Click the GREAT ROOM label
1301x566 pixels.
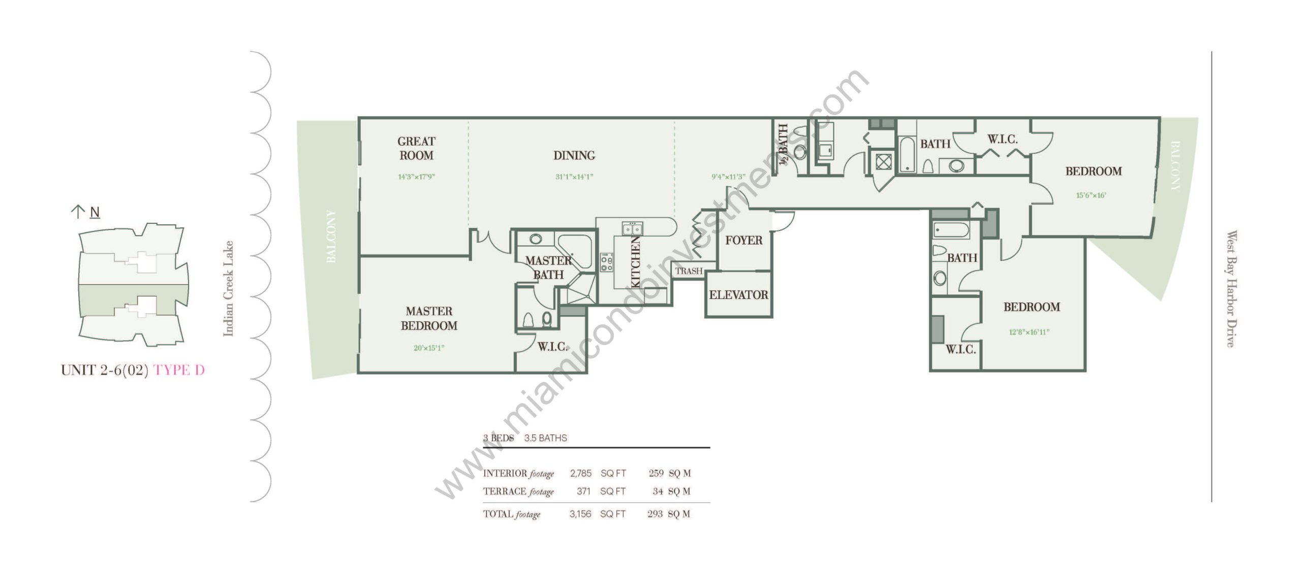point(416,148)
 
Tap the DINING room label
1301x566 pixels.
point(574,155)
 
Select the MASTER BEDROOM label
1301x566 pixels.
point(429,318)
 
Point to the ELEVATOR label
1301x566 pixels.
point(738,295)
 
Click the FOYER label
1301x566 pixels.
point(744,240)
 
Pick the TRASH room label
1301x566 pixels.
point(689,271)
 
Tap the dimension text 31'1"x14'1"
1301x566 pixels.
point(574,177)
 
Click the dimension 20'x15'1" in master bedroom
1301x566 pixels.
point(429,348)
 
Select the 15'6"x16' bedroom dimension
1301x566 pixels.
point(1091,195)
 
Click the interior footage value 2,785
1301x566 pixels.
point(580,473)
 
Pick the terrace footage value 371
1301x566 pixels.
point(583,491)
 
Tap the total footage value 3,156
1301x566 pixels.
point(580,514)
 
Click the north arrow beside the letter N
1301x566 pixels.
point(78,212)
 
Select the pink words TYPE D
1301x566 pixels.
point(179,370)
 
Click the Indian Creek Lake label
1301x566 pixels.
point(228,288)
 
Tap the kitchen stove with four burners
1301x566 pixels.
point(606,262)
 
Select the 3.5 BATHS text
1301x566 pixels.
point(545,438)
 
